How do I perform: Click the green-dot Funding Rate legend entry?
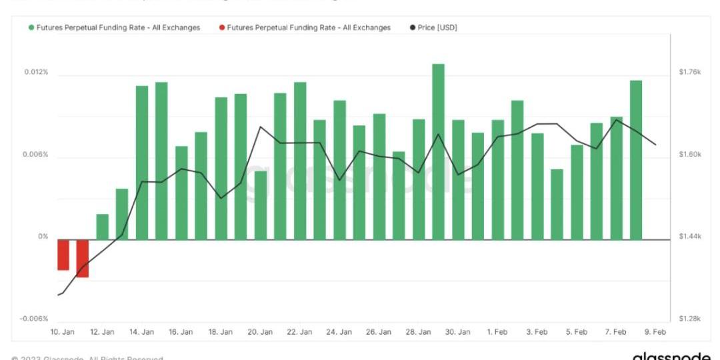click(114, 27)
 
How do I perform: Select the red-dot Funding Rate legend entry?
click(305, 27)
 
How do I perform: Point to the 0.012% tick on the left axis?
click(37, 72)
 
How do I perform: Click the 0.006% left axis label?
click(37, 155)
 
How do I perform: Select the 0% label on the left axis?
click(43, 237)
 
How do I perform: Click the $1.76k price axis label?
click(689, 72)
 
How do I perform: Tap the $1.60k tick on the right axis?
click(689, 155)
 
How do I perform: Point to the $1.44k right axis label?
click(689, 237)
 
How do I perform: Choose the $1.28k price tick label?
click(689, 319)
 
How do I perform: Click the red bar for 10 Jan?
click(63, 255)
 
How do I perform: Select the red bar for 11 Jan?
click(83, 258)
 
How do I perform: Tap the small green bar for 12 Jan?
click(102, 227)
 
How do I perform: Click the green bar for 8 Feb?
click(636, 160)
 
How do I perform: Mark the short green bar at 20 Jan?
click(261, 205)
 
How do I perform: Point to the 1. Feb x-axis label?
click(498, 332)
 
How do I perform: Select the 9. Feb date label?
click(655, 332)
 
